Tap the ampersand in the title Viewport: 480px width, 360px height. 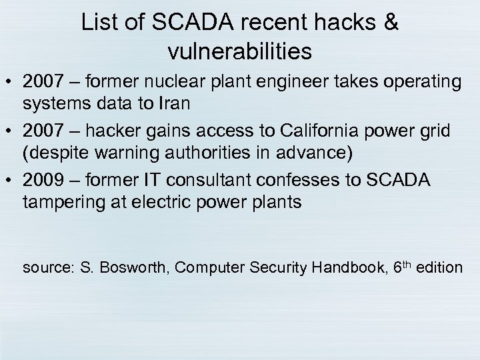coord(391,23)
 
